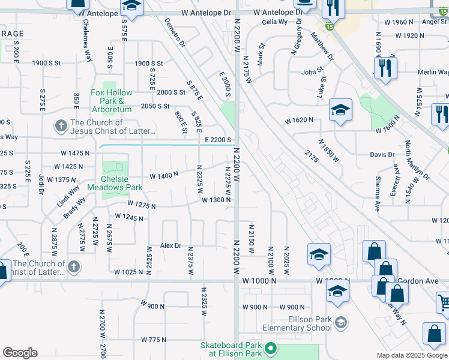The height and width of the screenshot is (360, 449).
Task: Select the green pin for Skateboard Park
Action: (x=271, y=347)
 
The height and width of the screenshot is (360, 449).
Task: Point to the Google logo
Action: (x=20, y=353)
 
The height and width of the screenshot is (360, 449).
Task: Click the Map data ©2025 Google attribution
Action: (x=412, y=355)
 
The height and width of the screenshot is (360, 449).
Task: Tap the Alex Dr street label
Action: (x=170, y=246)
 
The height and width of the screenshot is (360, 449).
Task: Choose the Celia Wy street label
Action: (x=274, y=22)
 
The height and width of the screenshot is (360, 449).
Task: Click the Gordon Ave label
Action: (x=421, y=280)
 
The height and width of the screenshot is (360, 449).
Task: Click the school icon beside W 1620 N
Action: (x=340, y=110)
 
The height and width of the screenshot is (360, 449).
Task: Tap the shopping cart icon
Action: (x=444, y=302)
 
